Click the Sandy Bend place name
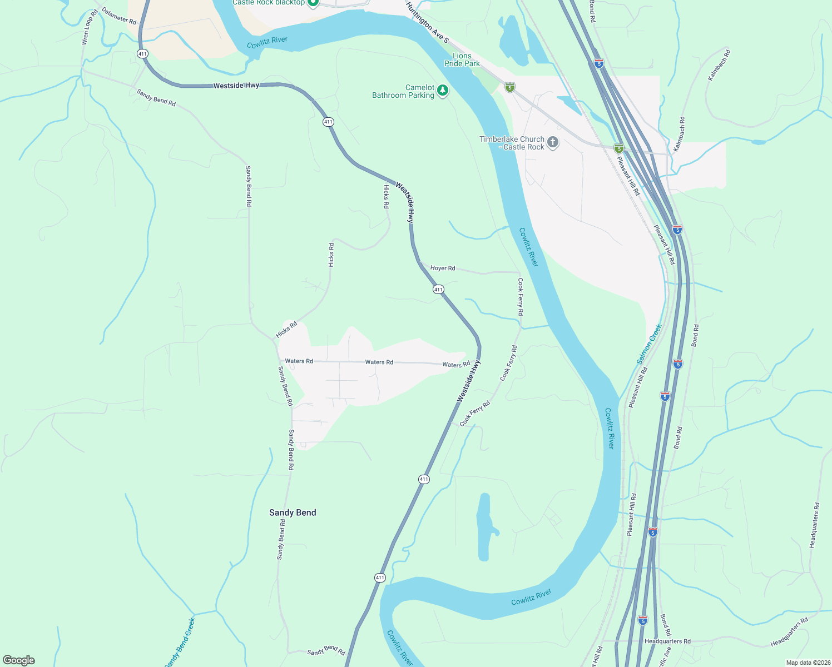coord(293,512)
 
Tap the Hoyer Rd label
coord(443,268)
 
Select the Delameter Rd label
coord(119,16)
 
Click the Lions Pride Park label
coord(462,59)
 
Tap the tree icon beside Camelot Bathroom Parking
coord(443,90)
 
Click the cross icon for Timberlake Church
coord(553,142)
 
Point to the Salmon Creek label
coord(650,344)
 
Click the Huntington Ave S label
coord(427,23)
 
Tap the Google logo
coord(18,660)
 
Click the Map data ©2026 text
coord(808,663)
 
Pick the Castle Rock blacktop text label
coord(269,3)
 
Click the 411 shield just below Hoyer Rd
coord(438,289)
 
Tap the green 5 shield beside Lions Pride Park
coord(510,87)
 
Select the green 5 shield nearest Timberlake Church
coord(619,148)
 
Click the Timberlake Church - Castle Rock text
coord(512,143)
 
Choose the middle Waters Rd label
coord(379,362)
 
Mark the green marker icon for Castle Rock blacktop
coord(313,3)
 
